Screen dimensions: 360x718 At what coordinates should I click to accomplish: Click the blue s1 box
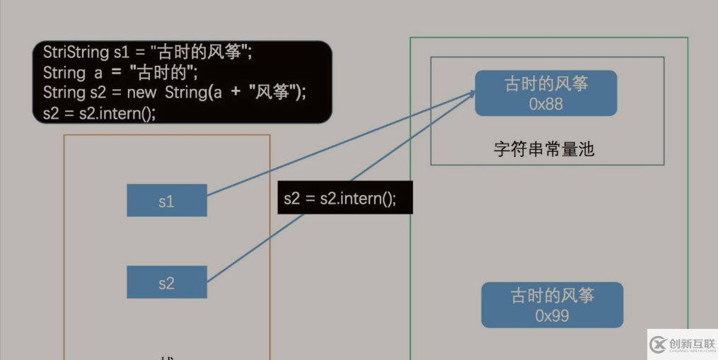tap(166, 201)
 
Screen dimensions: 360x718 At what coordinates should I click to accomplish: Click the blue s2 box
tap(166, 282)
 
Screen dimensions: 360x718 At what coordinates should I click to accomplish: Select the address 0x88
tap(545, 103)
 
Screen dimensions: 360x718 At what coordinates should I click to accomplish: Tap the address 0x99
tap(552, 315)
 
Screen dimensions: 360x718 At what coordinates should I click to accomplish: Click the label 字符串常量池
tap(544, 149)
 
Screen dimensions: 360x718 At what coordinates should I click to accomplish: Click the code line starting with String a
tap(120, 72)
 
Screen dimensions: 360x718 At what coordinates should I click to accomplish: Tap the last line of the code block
tap(99, 112)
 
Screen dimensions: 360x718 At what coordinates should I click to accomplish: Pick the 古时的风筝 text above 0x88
tap(545, 84)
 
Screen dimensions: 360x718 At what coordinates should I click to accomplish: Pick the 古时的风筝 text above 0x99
tap(552, 296)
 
